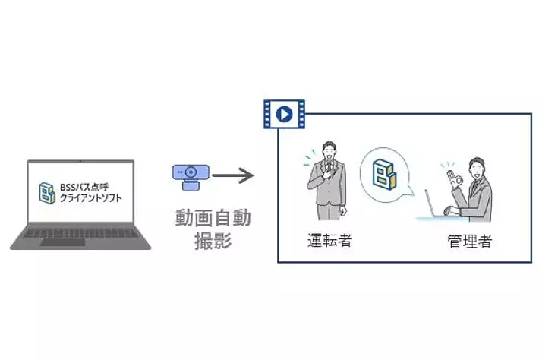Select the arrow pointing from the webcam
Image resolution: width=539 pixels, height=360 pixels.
(x=233, y=176)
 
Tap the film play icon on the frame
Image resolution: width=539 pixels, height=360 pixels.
(x=283, y=114)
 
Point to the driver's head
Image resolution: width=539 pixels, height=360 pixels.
(x=328, y=150)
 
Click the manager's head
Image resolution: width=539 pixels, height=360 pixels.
(x=477, y=168)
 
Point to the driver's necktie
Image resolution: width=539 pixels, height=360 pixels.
(x=329, y=171)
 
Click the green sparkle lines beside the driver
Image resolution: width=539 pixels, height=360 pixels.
(x=307, y=157)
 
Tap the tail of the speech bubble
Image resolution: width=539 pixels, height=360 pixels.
(x=410, y=198)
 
